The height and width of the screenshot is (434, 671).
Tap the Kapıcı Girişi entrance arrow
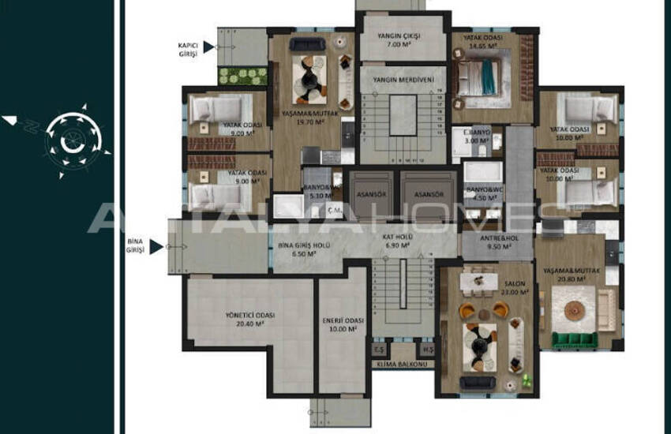[x=208, y=47]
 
